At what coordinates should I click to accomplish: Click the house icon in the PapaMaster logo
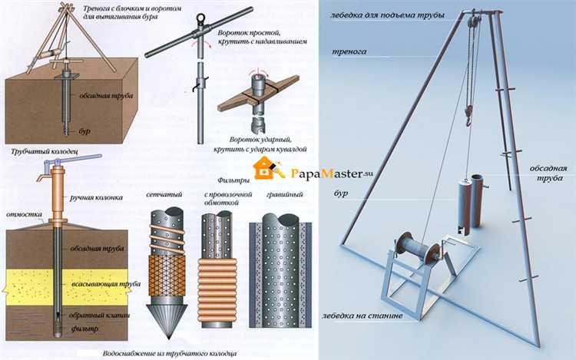coord(263,168)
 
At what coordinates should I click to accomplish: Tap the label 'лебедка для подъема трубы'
coord(387,15)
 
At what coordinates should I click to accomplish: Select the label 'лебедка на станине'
coord(362,315)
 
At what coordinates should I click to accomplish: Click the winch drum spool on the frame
coord(418,250)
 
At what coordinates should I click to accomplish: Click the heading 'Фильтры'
coord(233,180)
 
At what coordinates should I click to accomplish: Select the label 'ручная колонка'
coord(96,198)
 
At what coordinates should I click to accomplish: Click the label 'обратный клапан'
coord(99,315)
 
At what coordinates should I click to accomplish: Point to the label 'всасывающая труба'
coord(106,284)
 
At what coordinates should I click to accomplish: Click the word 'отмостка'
coord(25,214)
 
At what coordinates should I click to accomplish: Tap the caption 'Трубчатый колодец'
coord(44,151)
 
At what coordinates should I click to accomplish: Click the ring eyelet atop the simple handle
coord(200,18)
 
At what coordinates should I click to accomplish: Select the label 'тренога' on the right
coord(349,51)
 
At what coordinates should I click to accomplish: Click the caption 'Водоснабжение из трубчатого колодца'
coord(170,354)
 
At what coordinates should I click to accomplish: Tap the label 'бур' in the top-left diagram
coord(84,131)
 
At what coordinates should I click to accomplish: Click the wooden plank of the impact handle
coord(258,94)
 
